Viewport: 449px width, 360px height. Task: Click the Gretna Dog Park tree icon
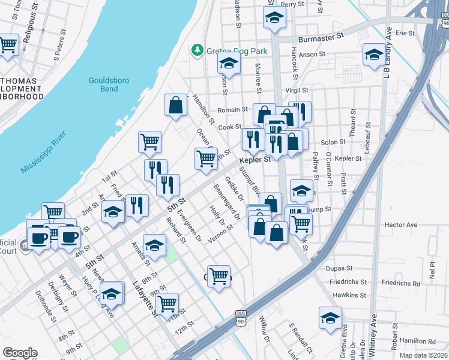click(x=196, y=49)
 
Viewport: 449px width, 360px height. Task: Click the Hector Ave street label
click(x=400, y=224)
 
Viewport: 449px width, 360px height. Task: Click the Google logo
click(x=20, y=352)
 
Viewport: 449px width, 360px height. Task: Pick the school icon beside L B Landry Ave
click(x=374, y=55)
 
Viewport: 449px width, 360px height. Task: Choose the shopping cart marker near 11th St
click(x=167, y=303)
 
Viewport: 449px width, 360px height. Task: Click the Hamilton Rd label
click(x=418, y=341)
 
